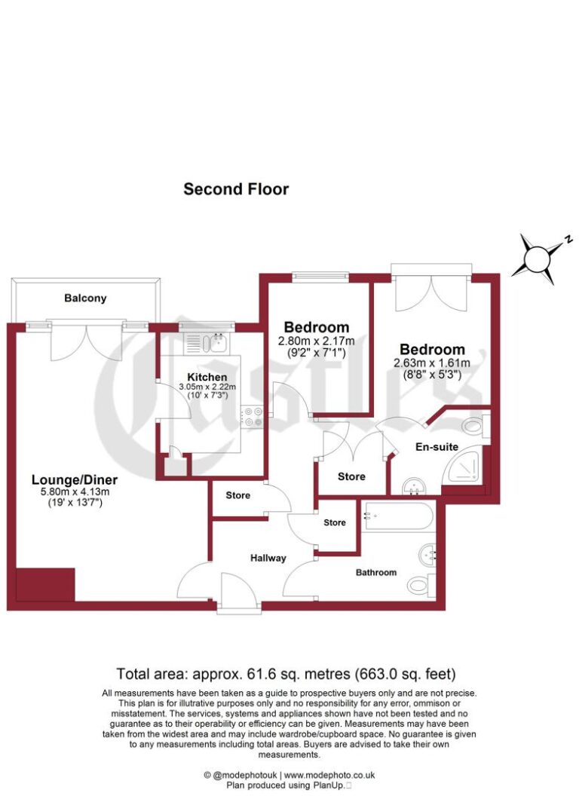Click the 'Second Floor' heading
tap(236, 189)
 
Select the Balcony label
tap(85, 298)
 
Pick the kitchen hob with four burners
tap(252, 418)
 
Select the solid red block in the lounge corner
tap(44, 585)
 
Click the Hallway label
tap(268, 559)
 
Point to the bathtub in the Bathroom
tap(397, 517)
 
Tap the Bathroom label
tap(375, 573)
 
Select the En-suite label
tap(437, 447)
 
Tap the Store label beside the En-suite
tap(351, 476)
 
